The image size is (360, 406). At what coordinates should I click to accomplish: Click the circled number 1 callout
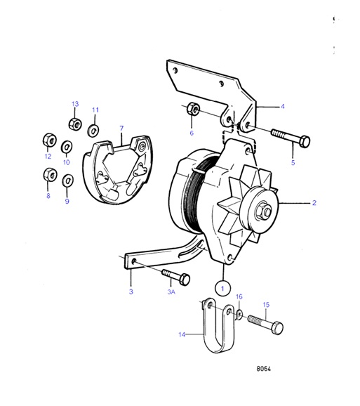[x=222, y=287]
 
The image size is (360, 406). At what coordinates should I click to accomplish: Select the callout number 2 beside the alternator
[x=314, y=203]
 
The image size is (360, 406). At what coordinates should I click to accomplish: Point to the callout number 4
[x=283, y=107]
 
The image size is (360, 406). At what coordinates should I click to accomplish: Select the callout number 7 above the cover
[x=121, y=129]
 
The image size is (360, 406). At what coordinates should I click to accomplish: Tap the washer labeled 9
[x=67, y=181]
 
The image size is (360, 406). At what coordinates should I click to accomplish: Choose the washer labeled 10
[x=67, y=147]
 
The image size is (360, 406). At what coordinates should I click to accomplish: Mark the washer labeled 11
[x=93, y=130]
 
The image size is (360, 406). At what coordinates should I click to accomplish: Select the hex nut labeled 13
[x=74, y=124]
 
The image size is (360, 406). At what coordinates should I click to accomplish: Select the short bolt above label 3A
[x=176, y=275]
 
